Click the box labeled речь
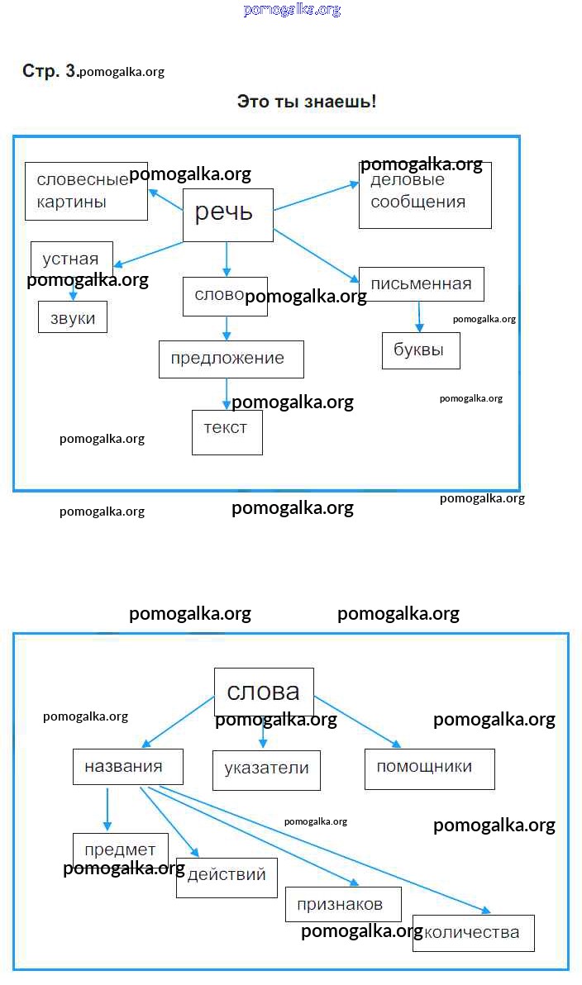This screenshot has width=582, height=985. pyautogui.click(x=227, y=215)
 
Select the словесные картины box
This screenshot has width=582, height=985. pyautogui.click(x=86, y=192)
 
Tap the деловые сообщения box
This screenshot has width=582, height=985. pyautogui.click(x=425, y=195)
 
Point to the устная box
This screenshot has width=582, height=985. pyautogui.click(x=71, y=259)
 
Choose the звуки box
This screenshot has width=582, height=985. pyautogui.click(x=73, y=318)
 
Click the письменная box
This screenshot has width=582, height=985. pyautogui.click(x=421, y=284)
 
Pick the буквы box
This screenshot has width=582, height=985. pyautogui.click(x=420, y=350)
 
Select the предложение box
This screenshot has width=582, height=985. pyautogui.click(x=231, y=359)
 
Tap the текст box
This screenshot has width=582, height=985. pyautogui.click(x=227, y=431)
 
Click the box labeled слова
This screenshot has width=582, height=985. pyautogui.click(x=264, y=692)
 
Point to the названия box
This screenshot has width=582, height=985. pyautogui.click(x=127, y=766)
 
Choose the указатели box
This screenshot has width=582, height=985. pyautogui.click(x=266, y=768)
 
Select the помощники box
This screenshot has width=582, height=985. pyautogui.click(x=429, y=768)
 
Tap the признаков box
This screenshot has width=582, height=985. pyautogui.click(x=343, y=904)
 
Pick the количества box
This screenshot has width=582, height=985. pyautogui.click(x=473, y=933)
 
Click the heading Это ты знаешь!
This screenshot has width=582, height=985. pyautogui.click(x=307, y=102)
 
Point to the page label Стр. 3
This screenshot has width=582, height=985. pyautogui.click(x=49, y=71)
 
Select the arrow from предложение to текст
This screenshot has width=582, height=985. pyautogui.click(x=227, y=393)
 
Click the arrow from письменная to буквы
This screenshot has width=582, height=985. pyautogui.click(x=419, y=316)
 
